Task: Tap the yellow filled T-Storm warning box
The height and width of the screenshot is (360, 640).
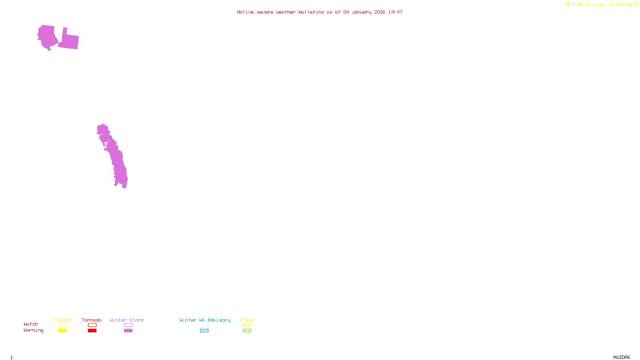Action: pos(62,331)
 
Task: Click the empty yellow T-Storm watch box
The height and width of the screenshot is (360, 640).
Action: pos(62,325)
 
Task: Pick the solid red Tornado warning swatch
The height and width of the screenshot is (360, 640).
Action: pos(92,331)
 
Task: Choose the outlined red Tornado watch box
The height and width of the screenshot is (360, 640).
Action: pos(92,325)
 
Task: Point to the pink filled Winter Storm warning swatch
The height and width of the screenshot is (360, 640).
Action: pos(128,331)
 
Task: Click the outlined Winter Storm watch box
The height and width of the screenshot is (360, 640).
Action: pos(128,325)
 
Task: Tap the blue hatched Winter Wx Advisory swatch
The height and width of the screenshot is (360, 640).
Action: pos(204,331)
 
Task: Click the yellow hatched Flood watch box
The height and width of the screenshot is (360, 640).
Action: pos(247,325)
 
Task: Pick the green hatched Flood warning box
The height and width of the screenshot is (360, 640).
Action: pos(247,331)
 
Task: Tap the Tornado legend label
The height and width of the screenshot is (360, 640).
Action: pos(92,320)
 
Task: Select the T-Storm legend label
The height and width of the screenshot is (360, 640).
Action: pos(62,320)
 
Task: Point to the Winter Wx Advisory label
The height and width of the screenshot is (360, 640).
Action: pos(205,320)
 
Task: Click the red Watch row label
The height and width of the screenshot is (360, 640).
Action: pos(31,324)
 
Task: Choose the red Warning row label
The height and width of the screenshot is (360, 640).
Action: pos(33,330)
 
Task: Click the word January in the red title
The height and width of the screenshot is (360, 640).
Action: pos(362,12)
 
